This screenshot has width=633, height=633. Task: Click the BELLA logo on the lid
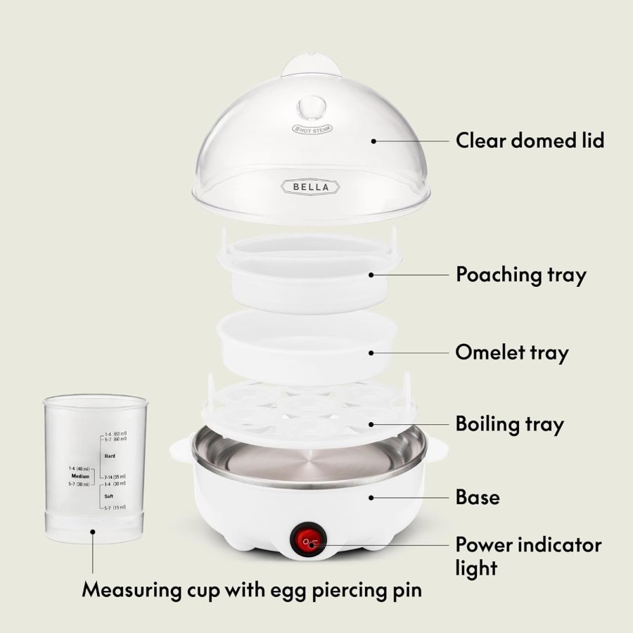click(310, 186)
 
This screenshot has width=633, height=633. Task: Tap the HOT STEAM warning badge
click(312, 129)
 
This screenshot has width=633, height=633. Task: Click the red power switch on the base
click(310, 541)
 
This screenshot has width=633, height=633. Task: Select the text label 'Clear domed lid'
click(530, 140)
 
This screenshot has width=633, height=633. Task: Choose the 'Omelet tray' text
click(511, 352)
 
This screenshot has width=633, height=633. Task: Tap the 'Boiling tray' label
click(509, 424)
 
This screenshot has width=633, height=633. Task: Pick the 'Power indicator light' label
click(528, 555)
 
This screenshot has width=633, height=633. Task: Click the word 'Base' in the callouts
click(478, 497)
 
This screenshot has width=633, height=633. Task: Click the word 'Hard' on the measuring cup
click(110, 456)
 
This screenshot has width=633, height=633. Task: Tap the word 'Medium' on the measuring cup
click(79, 476)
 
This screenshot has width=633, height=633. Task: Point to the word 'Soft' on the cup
click(109, 495)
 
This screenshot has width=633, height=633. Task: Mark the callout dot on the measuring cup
click(93, 532)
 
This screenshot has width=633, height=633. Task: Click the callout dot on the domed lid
click(374, 141)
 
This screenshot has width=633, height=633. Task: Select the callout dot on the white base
click(371, 497)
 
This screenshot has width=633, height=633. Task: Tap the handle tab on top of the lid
click(312, 68)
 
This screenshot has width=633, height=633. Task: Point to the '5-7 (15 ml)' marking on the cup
click(115, 507)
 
